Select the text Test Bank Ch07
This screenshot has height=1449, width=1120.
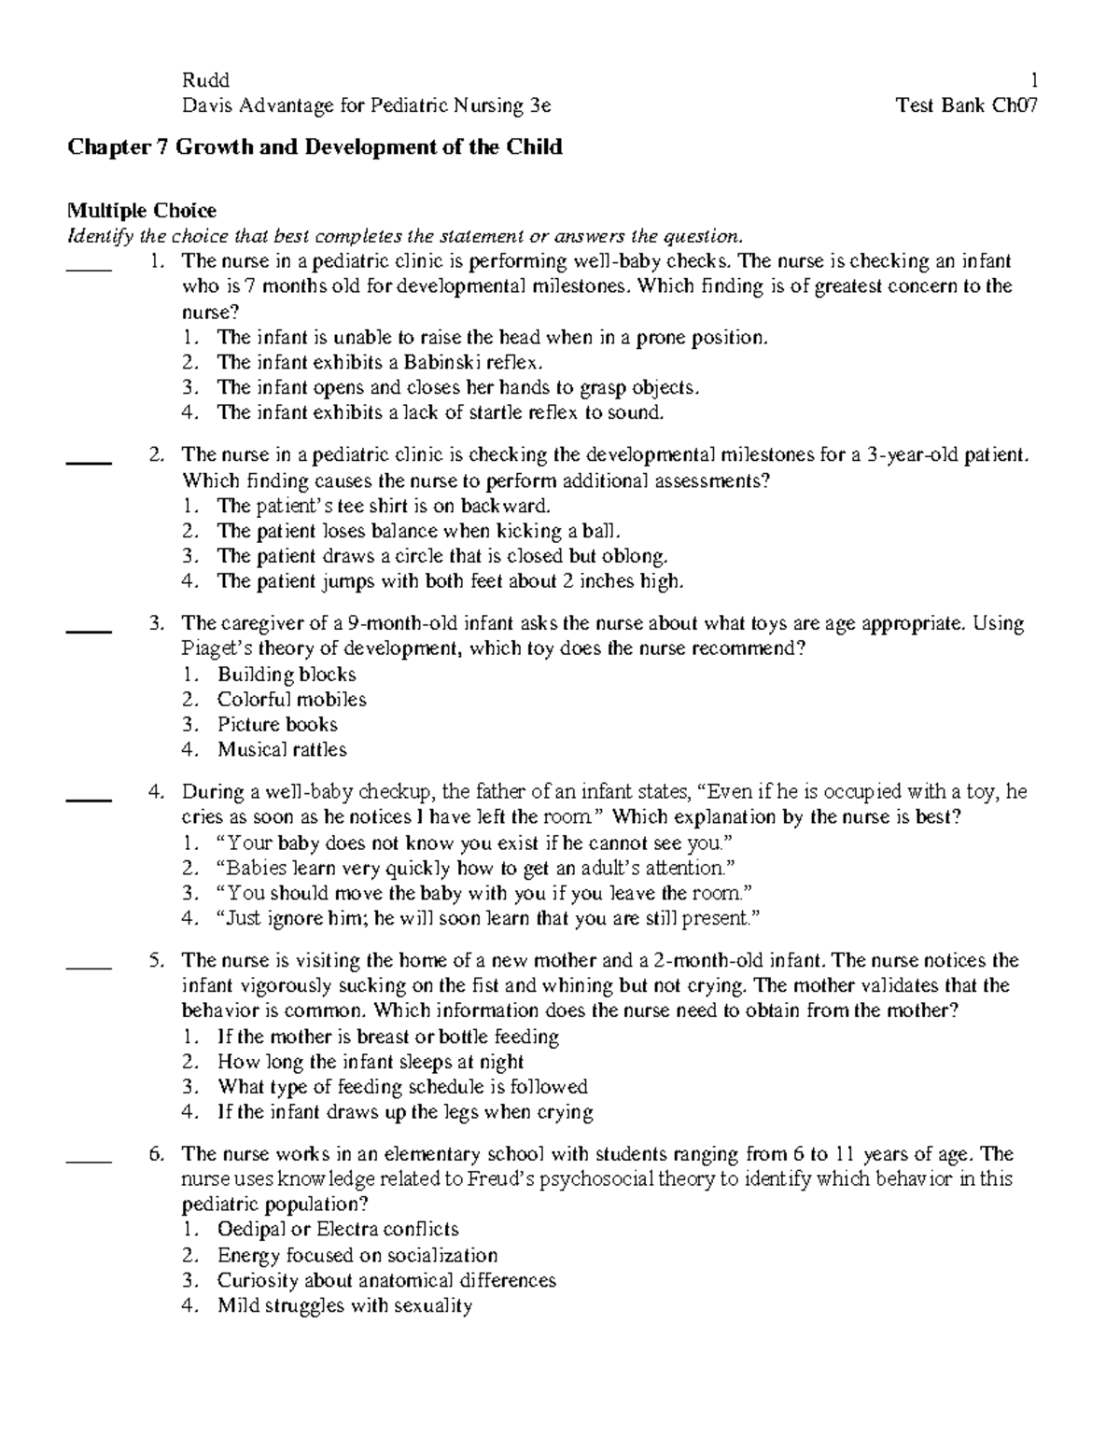point(967,105)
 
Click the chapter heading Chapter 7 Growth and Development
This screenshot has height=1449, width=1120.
point(314,147)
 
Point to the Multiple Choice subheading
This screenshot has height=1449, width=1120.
point(140,211)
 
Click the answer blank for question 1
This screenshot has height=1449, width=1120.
point(90,269)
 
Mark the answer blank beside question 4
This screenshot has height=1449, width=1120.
point(90,800)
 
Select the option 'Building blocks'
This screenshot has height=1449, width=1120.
point(287,675)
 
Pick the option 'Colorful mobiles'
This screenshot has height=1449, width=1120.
point(291,700)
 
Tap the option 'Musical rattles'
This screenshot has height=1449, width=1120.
point(282,749)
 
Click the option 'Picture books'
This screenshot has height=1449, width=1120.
point(277,725)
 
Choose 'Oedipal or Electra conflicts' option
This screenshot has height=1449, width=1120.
point(338,1230)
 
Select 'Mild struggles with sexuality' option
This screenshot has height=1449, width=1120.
point(344,1305)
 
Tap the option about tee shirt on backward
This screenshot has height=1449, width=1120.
point(384,506)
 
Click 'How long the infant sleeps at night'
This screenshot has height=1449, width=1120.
point(370,1062)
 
